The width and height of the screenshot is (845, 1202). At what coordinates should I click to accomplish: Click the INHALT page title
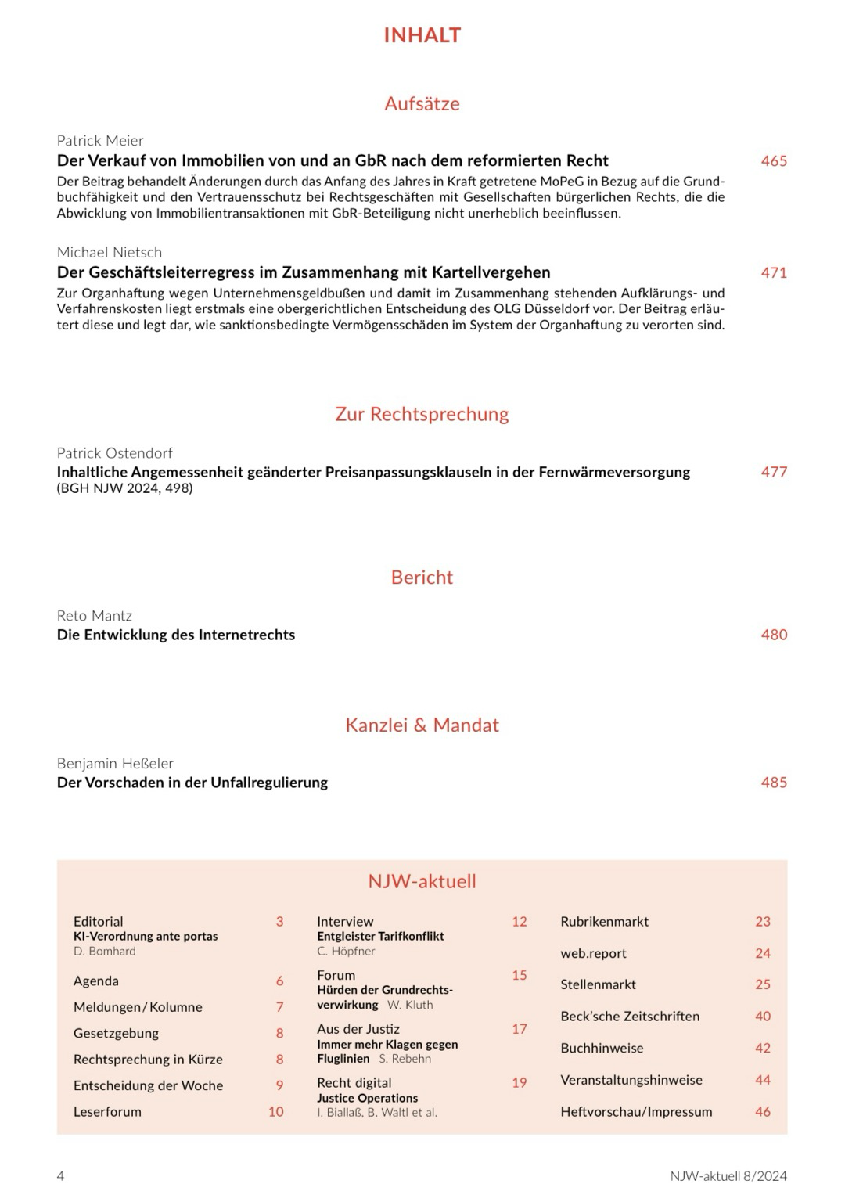click(422, 35)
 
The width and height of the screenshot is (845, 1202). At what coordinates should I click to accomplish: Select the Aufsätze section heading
click(422, 103)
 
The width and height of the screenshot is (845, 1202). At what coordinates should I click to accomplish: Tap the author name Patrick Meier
click(100, 141)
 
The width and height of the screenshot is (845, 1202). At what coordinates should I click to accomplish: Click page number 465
click(774, 161)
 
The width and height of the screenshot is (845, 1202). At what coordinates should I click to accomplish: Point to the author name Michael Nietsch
click(110, 253)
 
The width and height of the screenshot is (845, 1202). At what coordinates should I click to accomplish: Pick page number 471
click(774, 273)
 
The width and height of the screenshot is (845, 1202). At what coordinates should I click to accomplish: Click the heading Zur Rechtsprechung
click(422, 414)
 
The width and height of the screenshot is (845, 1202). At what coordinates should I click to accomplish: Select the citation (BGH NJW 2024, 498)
click(124, 488)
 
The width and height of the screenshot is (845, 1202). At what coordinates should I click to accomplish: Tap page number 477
click(774, 472)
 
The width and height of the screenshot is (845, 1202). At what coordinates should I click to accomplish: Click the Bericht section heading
click(422, 578)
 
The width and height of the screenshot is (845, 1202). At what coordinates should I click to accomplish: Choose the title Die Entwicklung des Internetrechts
click(176, 635)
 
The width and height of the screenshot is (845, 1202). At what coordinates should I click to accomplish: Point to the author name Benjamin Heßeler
click(115, 764)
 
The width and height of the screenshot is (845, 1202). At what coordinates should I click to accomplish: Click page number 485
click(774, 783)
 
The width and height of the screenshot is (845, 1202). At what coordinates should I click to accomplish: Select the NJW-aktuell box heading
click(422, 881)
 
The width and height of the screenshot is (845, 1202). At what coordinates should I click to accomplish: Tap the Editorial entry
click(99, 922)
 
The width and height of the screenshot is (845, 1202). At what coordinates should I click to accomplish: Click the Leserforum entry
click(107, 1112)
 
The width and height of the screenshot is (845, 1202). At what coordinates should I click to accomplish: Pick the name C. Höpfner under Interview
click(346, 952)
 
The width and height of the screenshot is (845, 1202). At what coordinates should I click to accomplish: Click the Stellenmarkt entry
click(598, 984)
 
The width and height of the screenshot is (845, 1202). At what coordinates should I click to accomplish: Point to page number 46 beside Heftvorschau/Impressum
click(763, 1112)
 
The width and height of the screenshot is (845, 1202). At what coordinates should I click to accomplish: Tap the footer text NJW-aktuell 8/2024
click(728, 1176)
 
